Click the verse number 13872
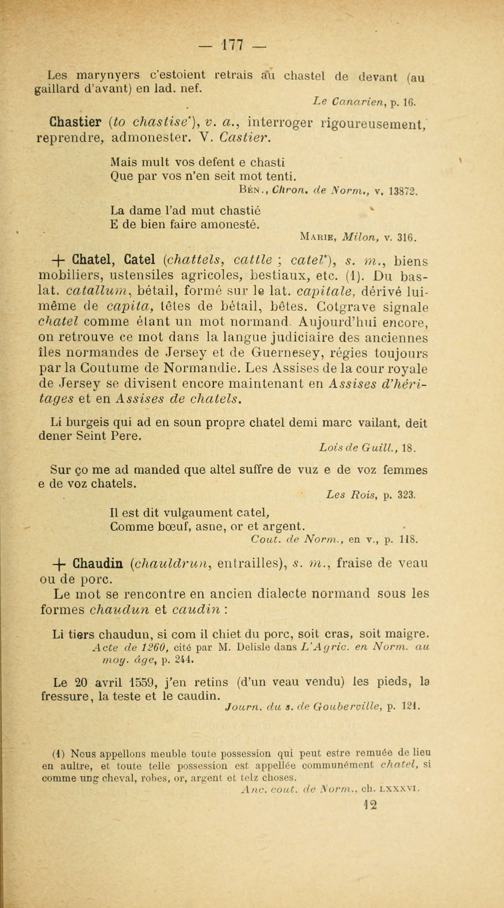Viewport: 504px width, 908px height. click(x=403, y=191)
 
